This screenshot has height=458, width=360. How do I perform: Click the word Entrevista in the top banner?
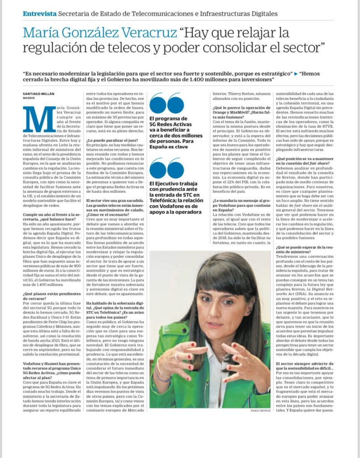pos(39,13)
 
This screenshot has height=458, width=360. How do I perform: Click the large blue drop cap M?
pos(39,120)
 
